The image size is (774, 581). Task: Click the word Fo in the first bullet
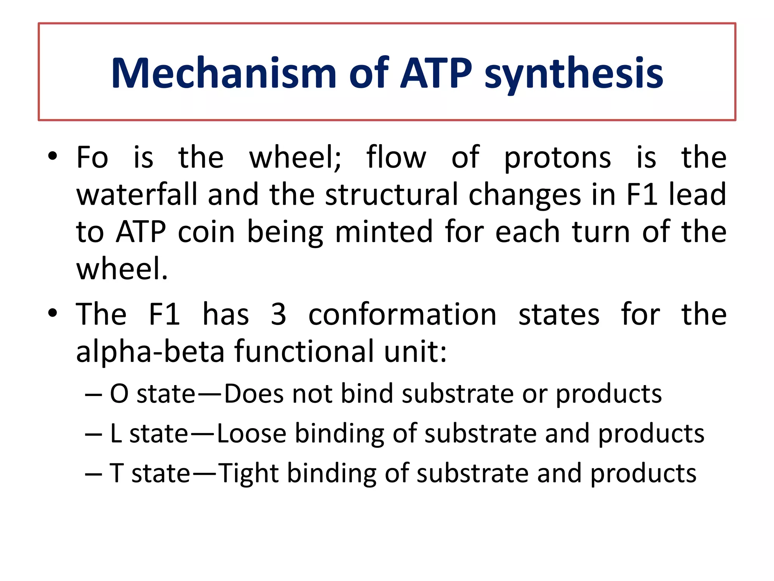click(92, 157)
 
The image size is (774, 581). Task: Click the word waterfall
click(137, 194)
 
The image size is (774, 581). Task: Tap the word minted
click(384, 231)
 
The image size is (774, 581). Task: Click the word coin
click(206, 231)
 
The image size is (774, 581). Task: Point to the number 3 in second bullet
click(279, 314)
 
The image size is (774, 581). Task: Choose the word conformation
click(402, 314)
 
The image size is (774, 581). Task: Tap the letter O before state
click(119, 394)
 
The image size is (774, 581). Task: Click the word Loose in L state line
click(251, 433)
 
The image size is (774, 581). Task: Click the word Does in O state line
click(254, 394)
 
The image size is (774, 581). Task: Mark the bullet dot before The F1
click(53, 313)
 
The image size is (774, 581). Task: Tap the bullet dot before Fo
click(53, 156)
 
